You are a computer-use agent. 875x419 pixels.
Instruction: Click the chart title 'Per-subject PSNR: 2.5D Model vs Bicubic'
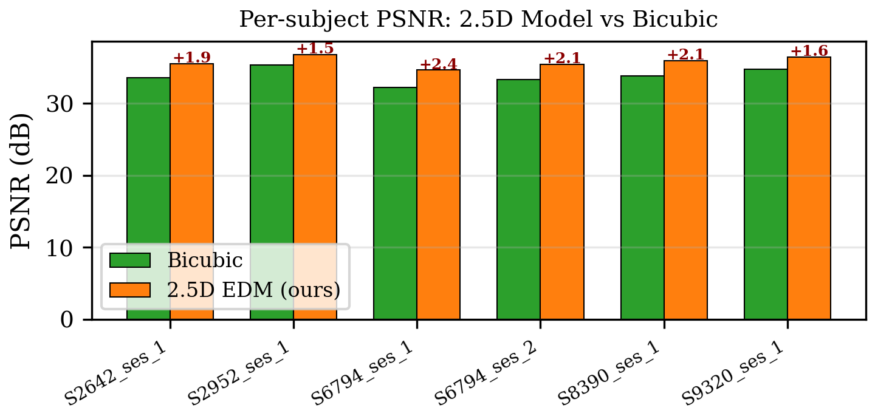pyautogui.click(x=478, y=19)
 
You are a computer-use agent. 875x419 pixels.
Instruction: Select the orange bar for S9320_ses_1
pyautogui.click(x=809, y=188)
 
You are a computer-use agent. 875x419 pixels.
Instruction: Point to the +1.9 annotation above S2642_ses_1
pyautogui.click(x=192, y=58)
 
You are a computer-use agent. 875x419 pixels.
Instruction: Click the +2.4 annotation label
pyautogui.click(x=438, y=64)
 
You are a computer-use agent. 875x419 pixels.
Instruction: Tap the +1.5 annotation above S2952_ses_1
pyautogui.click(x=315, y=49)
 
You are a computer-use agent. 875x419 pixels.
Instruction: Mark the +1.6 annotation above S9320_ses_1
pyautogui.click(x=809, y=51)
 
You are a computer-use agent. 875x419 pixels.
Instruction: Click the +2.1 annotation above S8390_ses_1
pyautogui.click(x=685, y=55)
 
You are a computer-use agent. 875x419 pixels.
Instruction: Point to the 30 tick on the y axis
pyautogui.click(x=68, y=104)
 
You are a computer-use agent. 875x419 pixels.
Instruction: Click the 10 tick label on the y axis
pyautogui.click(x=68, y=248)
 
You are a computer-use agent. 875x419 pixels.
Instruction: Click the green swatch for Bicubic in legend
pyautogui.click(x=129, y=261)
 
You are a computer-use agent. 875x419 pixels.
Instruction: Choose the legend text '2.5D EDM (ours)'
pyautogui.click(x=253, y=290)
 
